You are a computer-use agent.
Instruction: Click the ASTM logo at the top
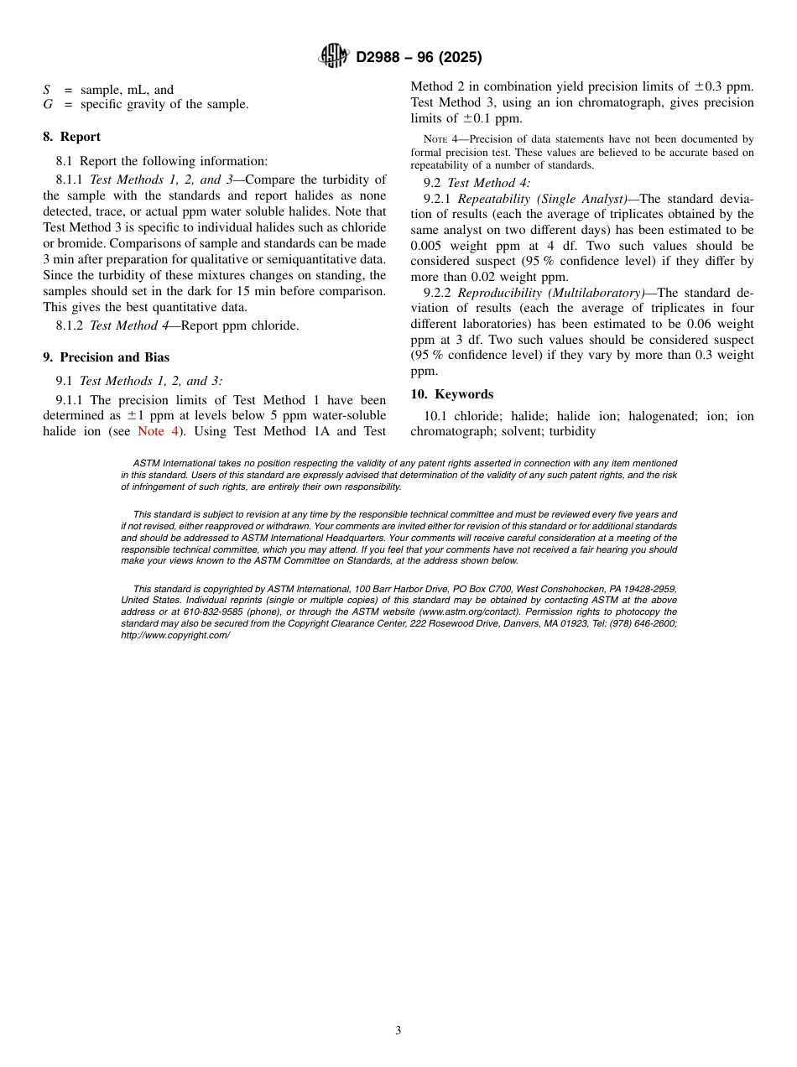pyautogui.click(x=333, y=56)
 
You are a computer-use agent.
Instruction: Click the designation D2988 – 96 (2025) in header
pyautogui.click(x=419, y=57)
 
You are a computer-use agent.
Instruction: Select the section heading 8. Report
pyautogui.click(x=71, y=137)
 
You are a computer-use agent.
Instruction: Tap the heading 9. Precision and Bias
pyautogui.click(x=106, y=357)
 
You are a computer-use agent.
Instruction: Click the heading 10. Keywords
pyautogui.click(x=451, y=394)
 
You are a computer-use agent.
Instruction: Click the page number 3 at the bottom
pyautogui.click(x=398, y=1031)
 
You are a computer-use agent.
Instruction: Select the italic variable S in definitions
pyautogui.click(x=47, y=90)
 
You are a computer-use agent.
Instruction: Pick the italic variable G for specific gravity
pyautogui.click(x=48, y=104)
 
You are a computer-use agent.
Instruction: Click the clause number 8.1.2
pyautogui.click(x=70, y=325)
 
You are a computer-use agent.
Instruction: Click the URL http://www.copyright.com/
pyautogui.click(x=175, y=635)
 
